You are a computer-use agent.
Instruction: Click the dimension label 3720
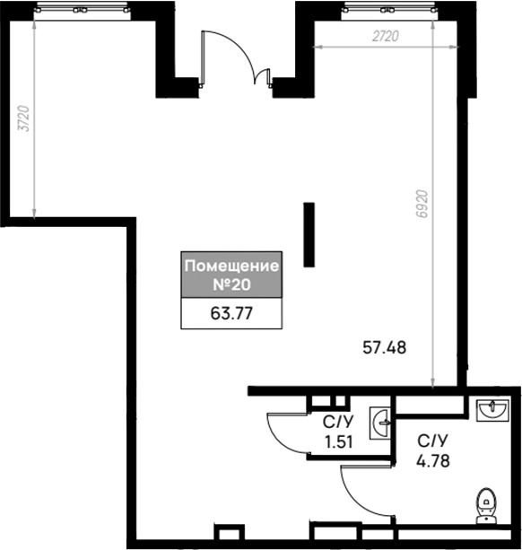pyautogui.click(x=24, y=118)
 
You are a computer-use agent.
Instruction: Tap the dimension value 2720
pyautogui.click(x=386, y=36)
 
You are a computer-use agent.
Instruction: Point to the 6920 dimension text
pyautogui.click(x=422, y=204)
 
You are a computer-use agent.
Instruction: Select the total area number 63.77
pyautogui.click(x=231, y=313)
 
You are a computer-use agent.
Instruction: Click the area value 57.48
pyautogui.click(x=385, y=347)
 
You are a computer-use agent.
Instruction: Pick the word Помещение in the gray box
pyautogui.click(x=231, y=266)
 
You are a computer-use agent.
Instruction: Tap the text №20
pyautogui.click(x=231, y=284)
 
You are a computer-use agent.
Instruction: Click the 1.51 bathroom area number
pyautogui.click(x=339, y=442)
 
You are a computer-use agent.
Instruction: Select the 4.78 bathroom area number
pyautogui.click(x=433, y=460)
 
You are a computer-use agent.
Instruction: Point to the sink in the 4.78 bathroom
pyautogui.click(x=492, y=410)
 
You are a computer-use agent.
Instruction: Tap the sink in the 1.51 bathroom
pyautogui.click(x=380, y=423)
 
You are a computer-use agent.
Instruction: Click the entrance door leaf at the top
pyautogui.click(x=203, y=58)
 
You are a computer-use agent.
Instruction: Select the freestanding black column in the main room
pyautogui.click(x=309, y=235)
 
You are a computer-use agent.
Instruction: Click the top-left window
pyautogui.click(x=82, y=11)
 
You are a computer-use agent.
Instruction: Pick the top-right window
pyautogui.click(x=389, y=11)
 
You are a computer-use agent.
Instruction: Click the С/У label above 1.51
pyautogui.click(x=338, y=422)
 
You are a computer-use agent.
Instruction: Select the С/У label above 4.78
pyautogui.click(x=433, y=441)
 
